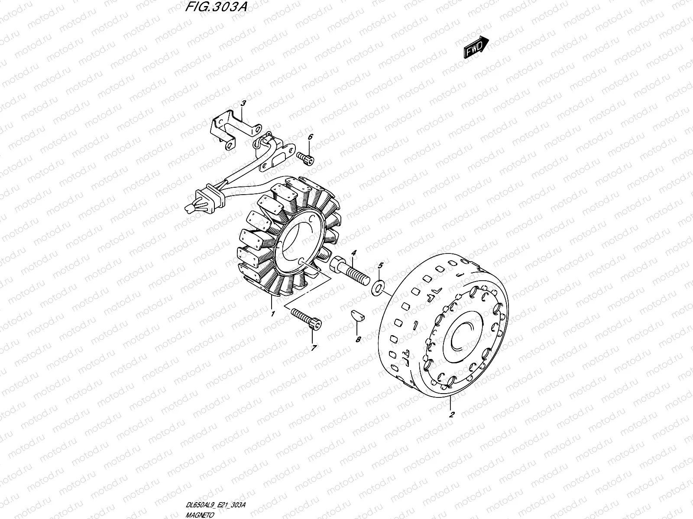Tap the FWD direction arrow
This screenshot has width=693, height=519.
476,47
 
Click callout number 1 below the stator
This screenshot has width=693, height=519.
272,314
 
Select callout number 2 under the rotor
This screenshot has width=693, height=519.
451,414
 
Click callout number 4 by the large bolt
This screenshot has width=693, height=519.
353,253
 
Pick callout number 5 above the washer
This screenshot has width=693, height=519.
381,265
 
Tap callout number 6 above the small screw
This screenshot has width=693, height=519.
310,138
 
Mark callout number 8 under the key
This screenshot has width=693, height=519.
358,340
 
